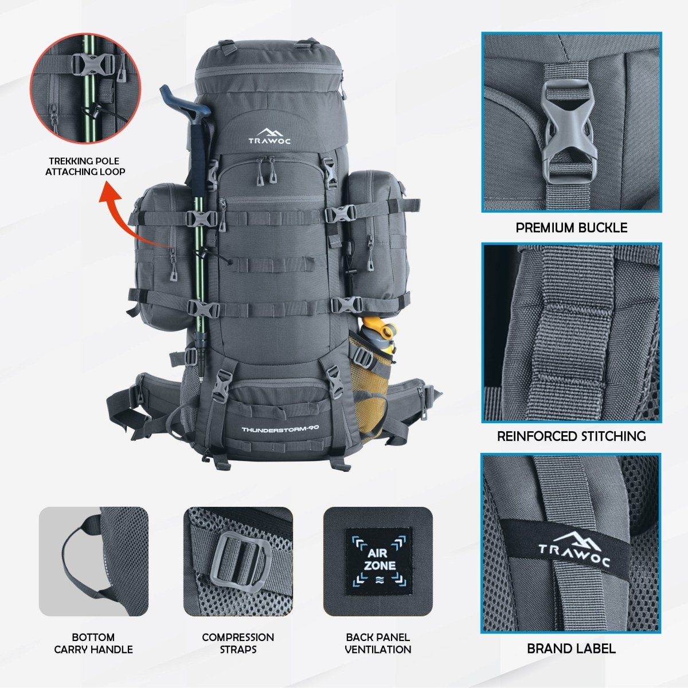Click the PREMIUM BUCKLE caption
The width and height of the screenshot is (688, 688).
click(571, 228)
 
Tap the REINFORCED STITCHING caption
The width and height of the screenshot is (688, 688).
click(571, 436)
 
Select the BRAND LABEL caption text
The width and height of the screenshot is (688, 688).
click(571, 648)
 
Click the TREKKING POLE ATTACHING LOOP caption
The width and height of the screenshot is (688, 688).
click(85, 166)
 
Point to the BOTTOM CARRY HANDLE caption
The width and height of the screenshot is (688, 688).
click(93, 643)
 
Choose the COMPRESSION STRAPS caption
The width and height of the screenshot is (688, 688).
click(238, 643)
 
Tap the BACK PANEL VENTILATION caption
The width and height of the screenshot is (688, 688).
click(378, 643)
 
